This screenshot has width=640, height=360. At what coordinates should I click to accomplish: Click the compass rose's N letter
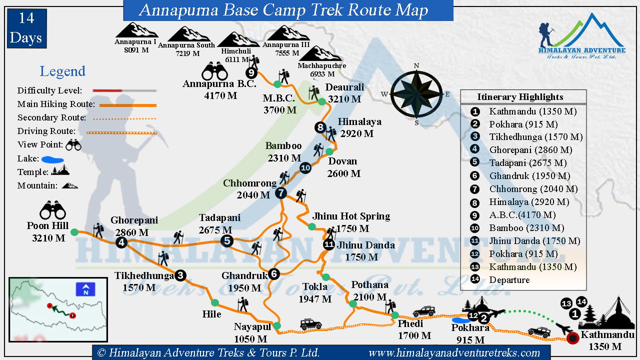[416, 65]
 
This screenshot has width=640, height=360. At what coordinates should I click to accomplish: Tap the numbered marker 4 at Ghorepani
[121, 242]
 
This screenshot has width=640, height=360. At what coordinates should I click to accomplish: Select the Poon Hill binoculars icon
[53, 210]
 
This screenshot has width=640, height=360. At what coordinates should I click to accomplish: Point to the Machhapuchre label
[322, 65]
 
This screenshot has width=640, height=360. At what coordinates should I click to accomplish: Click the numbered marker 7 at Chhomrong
[281, 192]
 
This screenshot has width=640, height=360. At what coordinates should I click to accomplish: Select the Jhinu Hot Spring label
[351, 216]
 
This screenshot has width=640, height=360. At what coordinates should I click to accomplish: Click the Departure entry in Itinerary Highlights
[509, 280]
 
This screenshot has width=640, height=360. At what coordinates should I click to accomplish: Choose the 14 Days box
[26, 28]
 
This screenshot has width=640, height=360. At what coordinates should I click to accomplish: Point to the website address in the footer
[454, 353]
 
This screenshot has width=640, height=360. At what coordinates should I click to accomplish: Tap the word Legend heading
[62, 71]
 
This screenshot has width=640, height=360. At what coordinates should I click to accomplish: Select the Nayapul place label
[252, 327]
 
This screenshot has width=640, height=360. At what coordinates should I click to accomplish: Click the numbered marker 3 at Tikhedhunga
[180, 274]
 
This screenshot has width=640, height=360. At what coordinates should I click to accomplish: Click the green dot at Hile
[215, 302]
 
